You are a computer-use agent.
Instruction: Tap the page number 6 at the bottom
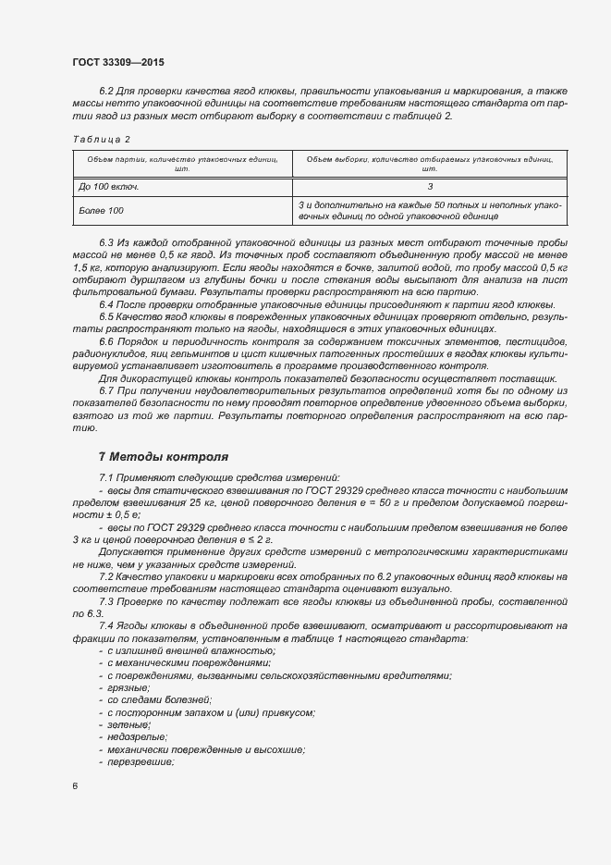[x=75, y=785]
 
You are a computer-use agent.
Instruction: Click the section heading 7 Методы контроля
[x=164, y=456]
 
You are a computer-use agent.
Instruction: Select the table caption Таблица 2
[x=101, y=139]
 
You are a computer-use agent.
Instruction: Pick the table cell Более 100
[x=103, y=210]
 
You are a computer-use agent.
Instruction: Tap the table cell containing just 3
[x=430, y=186]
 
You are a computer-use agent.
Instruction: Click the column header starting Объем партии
[x=182, y=164]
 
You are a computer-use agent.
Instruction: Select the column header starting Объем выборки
[x=429, y=164]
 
